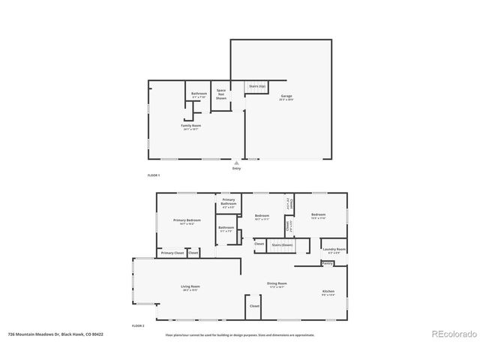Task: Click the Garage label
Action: [286, 97]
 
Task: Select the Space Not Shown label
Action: [221, 94]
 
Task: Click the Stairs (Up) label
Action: [256, 86]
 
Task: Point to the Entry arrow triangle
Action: [237, 163]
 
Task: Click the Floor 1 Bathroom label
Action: [199, 94]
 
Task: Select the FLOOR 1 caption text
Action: [153, 175]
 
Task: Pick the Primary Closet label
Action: [172, 253]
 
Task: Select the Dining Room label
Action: [277, 284]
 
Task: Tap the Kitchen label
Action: [328, 292]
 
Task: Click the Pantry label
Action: [327, 263]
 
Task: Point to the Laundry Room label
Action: [334, 250]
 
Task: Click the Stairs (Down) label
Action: [281, 244]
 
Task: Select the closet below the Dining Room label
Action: [254, 306]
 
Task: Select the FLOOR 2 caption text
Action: [138, 325]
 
